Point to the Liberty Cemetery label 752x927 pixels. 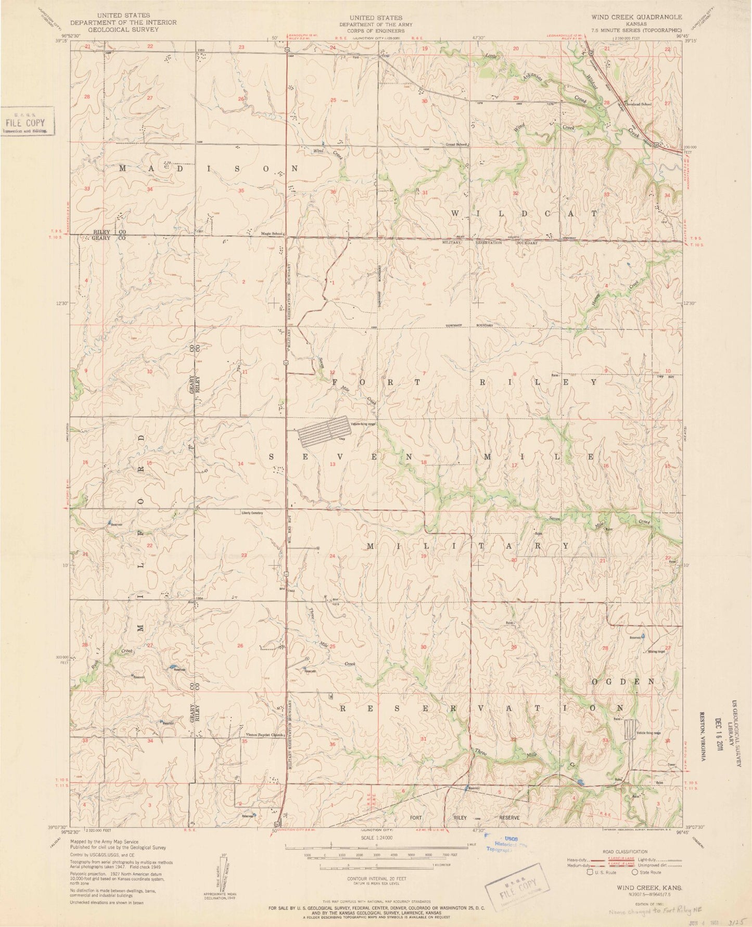252,513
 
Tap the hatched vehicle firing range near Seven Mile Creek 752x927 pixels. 323,431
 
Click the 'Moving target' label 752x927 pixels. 656,651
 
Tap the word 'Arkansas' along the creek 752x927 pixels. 532,79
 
